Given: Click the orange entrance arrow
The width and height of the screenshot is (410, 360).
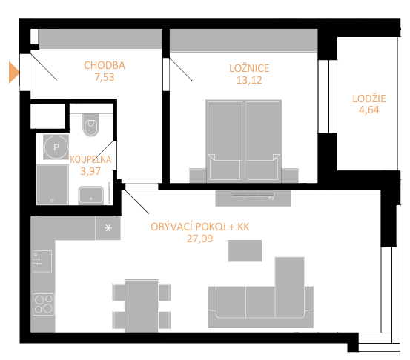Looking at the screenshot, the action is click(13, 73).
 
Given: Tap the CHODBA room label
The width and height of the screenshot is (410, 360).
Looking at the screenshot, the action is click(105, 65).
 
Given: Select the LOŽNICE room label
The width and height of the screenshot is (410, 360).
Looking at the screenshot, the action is click(249, 68).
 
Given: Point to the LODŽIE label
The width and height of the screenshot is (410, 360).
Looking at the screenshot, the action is click(369, 99).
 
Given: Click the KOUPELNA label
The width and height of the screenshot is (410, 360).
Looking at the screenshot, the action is click(90, 159).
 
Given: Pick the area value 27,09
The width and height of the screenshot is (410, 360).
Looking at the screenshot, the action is click(199, 239).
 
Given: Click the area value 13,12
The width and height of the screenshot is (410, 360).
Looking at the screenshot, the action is click(249, 80).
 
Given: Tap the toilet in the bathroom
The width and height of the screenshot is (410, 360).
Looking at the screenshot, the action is click(90, 124).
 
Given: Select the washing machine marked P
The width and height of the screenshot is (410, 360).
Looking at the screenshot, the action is click(56, 147).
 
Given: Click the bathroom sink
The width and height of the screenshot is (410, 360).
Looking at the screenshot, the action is click(90, 195).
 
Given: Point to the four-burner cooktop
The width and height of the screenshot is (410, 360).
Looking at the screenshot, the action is click(44, 304).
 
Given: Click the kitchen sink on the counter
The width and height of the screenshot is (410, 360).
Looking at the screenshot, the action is click(42, 261).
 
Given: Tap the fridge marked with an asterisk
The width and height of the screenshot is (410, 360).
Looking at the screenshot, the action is click(108, 228).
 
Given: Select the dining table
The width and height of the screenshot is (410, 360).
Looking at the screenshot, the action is click(142, 306).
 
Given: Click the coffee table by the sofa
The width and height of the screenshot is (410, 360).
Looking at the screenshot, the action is click(245, 251).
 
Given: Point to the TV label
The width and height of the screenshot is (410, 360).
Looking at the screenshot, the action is click(271, 199).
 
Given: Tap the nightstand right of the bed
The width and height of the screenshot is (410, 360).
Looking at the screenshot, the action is click(290, 176).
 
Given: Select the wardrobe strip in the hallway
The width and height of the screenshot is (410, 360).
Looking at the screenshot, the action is click(100, 38).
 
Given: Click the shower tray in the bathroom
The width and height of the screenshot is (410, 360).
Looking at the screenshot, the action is click(53, 184).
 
